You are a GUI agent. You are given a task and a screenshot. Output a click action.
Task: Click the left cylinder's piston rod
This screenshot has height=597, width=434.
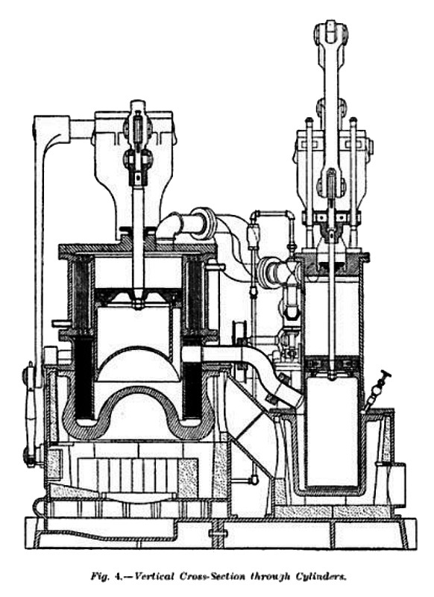(138, 244)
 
